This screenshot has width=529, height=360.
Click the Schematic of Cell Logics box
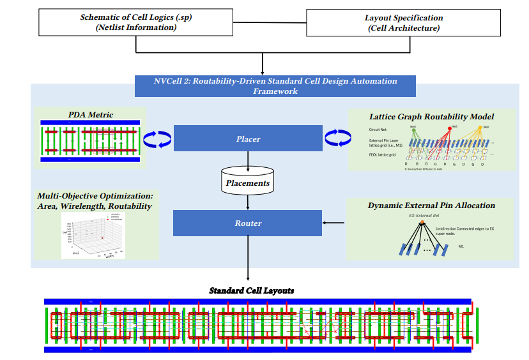tap(135, 22)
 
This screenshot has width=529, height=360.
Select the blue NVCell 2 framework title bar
tap(275, 86)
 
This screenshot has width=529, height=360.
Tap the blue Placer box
tap(247, 138)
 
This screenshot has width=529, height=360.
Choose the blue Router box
tap(247, 223)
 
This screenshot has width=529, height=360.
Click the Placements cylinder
tap(248, 182)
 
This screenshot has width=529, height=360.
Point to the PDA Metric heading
tap(91, 115)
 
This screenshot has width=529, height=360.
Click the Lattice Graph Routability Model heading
tap(431, 117)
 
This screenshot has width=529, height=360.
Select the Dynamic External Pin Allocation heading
tap(431, 206)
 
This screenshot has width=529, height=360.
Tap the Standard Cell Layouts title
tap(252, 290)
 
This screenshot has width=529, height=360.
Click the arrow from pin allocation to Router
tap(333, 223)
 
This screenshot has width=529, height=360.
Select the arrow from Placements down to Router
tap(248, 202)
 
